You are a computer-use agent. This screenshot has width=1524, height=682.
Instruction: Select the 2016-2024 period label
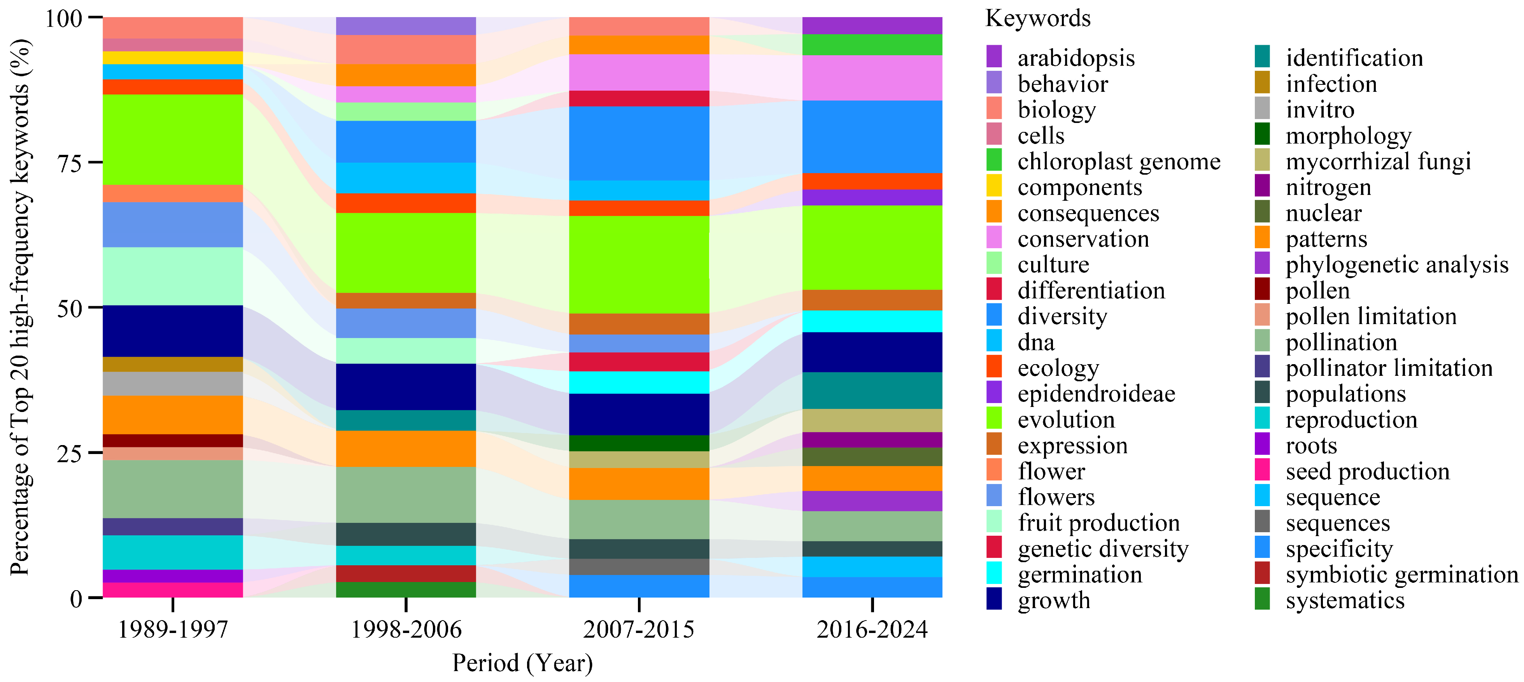click(872, 629)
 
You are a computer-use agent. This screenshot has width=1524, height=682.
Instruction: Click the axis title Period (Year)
click(522, 663)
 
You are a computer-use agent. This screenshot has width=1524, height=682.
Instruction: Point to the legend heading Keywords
click(1038, 18)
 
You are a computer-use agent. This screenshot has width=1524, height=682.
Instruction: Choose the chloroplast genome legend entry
click(1118, 161)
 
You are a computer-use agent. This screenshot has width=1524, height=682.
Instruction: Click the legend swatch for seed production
click(1262, 471)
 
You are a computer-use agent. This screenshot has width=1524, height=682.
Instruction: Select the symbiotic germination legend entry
click(1401, 574)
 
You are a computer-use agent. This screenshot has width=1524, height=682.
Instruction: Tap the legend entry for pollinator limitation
click(1389, 368)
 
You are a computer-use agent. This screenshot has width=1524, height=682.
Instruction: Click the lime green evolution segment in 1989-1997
click(173, 140)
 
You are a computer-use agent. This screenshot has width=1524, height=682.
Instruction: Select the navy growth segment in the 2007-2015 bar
click(639, 414)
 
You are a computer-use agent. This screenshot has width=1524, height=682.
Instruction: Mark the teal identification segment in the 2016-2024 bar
click(872, 390)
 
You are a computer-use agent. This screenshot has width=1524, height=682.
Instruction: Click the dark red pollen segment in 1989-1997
click(173, 441)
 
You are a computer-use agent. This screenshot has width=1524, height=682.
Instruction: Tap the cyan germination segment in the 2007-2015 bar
click(639, 382)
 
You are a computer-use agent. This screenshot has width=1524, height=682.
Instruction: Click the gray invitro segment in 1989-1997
click(173, 384)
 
